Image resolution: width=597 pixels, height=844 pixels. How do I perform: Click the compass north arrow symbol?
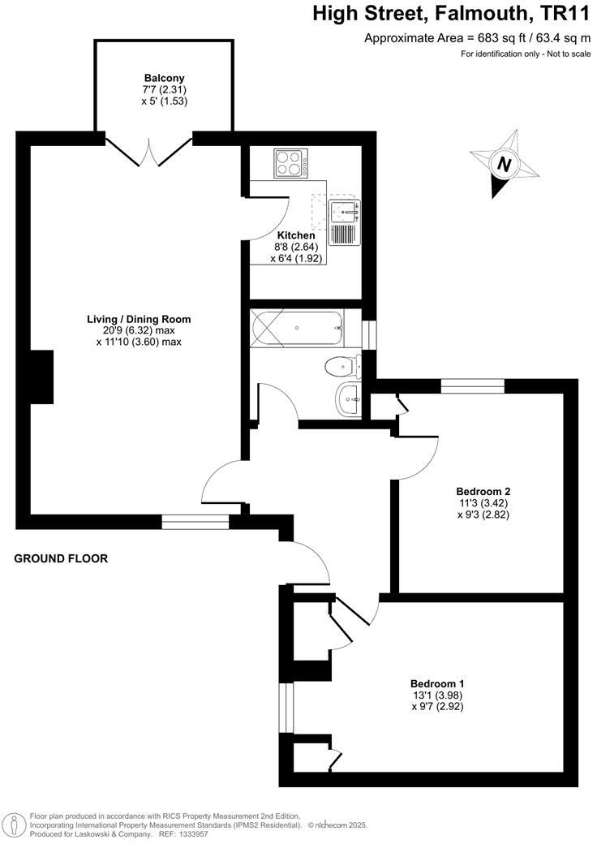point(505,164)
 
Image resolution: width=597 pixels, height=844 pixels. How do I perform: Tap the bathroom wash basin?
point(348,398)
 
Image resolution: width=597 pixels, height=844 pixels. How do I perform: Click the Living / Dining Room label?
point(139,319)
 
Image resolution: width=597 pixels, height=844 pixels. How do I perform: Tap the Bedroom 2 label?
point(483,491)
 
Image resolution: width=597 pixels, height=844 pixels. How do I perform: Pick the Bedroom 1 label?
point(437,683)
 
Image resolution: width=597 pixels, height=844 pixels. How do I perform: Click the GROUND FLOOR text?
point(61,558)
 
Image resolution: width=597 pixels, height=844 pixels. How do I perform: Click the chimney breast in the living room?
point(41,377)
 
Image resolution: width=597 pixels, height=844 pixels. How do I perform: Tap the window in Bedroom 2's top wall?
point(472,385)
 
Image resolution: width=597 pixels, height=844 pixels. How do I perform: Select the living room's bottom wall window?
point(195,522)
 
